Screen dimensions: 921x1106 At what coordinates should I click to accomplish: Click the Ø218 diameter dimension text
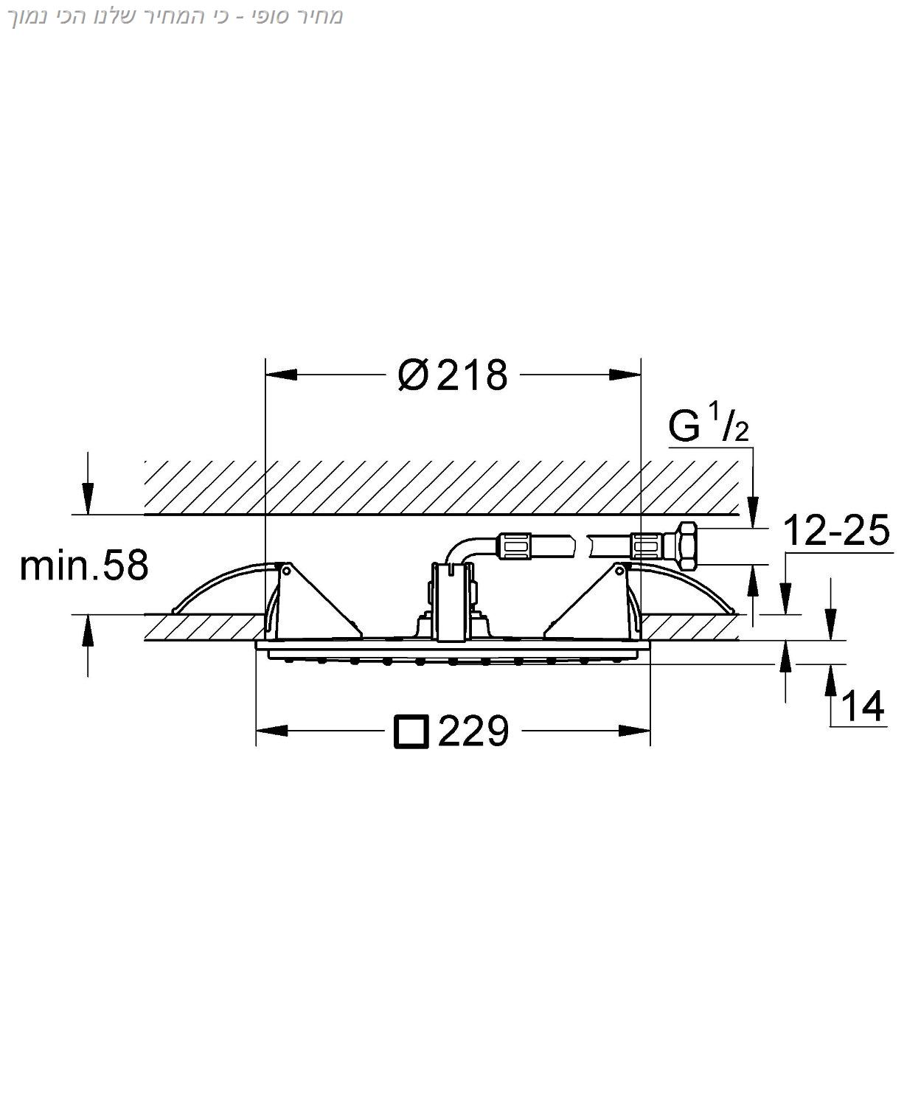pos(453,375)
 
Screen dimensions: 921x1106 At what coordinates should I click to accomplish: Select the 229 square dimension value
pos(473,731)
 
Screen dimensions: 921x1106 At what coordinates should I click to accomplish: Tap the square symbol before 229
pos(411,731)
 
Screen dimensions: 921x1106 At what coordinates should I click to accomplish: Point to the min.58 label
pos(84,566)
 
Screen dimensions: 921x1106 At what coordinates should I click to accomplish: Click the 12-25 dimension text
pos(836,529)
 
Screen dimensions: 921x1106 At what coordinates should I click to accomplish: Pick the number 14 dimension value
pos(862,706)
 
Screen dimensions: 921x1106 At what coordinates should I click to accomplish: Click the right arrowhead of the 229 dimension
pos(634,731)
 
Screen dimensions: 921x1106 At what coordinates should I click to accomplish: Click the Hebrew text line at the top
pos(177,16)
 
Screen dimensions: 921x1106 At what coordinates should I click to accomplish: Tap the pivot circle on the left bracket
pos(285,571)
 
